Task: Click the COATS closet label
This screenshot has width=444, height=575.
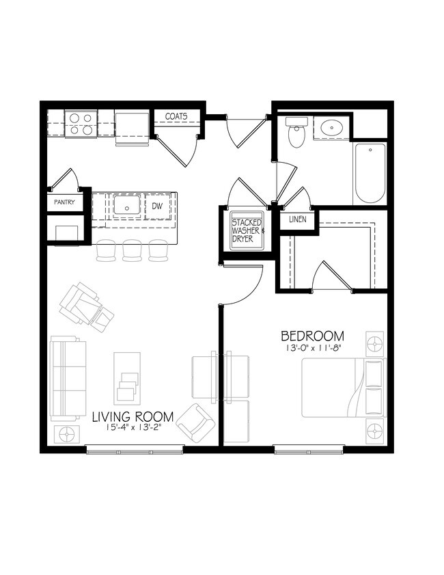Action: (176, 117)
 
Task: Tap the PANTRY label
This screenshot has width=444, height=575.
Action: (64, 203)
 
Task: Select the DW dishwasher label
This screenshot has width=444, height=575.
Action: (156, 205)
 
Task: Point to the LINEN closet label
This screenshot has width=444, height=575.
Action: (297, 219)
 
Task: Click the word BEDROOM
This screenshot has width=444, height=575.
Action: (313, 336)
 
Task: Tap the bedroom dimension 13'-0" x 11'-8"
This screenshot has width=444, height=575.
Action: (313, 349)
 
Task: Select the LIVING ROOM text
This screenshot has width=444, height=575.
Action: (133, 416)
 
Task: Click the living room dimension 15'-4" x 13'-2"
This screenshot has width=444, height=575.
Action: (133, 428)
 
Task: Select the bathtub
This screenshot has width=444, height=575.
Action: (370, 173)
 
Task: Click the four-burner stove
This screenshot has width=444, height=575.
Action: (81, 124)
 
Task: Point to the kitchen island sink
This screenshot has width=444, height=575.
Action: (126, 205)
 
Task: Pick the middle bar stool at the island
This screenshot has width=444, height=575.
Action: (132, 250)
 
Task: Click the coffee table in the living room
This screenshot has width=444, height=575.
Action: (126, 377)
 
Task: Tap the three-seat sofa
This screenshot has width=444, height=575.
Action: (68, 378)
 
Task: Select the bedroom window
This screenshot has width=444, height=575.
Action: (307, 449)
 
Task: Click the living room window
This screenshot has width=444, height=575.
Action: (135, 449)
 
